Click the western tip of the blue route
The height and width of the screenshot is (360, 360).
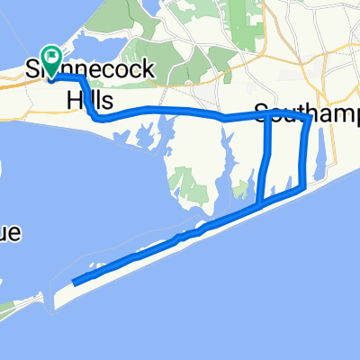(74, 282)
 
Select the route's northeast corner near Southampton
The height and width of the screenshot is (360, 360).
(310, 117)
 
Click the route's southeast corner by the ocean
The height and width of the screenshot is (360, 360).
(301, 190)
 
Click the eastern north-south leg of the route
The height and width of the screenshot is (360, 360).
(305, 153)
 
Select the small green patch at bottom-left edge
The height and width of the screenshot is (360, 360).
(7, 311)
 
